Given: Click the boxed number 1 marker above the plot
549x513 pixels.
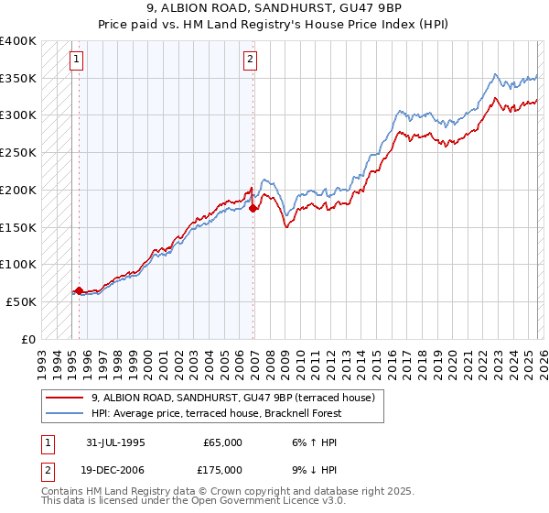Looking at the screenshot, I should pyautogui.click(x=76, y=60).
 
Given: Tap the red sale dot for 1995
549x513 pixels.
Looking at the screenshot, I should pyautogui.click(x=80, y=290).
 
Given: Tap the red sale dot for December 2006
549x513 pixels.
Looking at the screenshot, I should pyautogui.click(x=253, y=209).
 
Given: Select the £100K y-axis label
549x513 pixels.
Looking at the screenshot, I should pyautogui.click(x=18, y=264).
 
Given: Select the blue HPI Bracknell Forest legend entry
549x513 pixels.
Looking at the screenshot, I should pyautogui.click(x=217, y=414).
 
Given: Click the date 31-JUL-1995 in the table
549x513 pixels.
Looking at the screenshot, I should pyautogui.click(x=113, y=442).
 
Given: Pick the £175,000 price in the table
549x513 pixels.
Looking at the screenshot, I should pyautogui.click(x=222, y=469).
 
